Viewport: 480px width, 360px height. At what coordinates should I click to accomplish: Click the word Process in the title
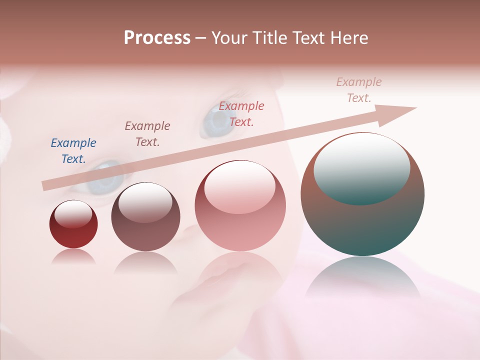pyautogui.click(x=157, y=38)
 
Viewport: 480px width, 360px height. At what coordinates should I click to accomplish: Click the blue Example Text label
pyautogui.click(x=73, y=150)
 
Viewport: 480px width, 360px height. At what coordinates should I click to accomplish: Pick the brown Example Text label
pyautogui.click(x=147, y=133)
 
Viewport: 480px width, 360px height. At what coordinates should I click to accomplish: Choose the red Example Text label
pyautogui.click(x=241, y=113)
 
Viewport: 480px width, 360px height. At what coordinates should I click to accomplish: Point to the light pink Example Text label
pyautogui.click(x=359, y=90)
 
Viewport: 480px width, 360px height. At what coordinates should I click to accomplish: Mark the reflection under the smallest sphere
pyautogui.click(x=73, y=257)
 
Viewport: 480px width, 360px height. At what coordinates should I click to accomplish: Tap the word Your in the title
pyautogui.click(x=230, y=38)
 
